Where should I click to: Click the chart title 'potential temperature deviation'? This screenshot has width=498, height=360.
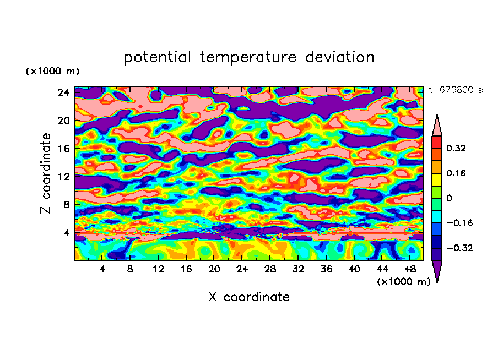(x=249, y=57)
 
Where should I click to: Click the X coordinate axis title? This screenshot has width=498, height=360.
(x=249, y=297)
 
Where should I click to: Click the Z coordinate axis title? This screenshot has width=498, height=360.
(x=46, y=173)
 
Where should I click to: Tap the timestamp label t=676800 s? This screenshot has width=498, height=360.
(x=456, y=90)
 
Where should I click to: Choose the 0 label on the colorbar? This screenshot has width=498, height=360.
(x=448, y=198)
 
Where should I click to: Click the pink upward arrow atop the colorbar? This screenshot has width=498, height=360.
(x=437, y=125)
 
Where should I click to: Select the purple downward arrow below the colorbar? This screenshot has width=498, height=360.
(x=437, y=271)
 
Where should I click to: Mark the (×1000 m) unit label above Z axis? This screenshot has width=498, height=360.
(x=52, y=72)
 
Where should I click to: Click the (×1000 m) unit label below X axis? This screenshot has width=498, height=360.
(x=403, y=282)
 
